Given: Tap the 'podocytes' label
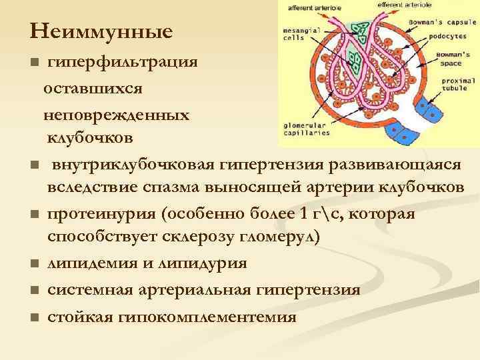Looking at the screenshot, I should (443, 37).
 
